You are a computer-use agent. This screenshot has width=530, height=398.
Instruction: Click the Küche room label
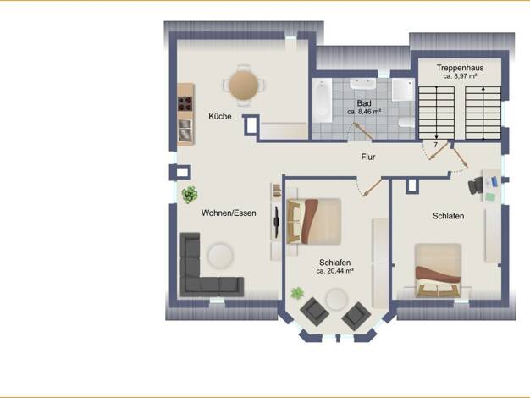[x=220, y=116]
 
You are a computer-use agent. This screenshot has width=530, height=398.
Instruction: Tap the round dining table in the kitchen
[x=244, y=85]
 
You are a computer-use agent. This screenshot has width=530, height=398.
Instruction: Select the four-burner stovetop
[x=185, y=104]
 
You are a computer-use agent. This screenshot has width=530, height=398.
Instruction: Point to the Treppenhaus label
[x=460, y=68]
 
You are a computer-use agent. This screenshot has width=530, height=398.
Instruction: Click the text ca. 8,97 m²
[x=460, y=76]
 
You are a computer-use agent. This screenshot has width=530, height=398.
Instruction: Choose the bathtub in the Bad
[x=322, y=101]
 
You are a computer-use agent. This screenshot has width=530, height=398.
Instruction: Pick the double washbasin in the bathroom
[x=363, y=84]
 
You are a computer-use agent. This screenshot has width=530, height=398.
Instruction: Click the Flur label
[x=368, y=157]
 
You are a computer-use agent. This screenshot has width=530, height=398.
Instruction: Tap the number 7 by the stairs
[x=436, y=145]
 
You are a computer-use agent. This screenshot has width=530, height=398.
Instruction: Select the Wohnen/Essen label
[x=229, y=213]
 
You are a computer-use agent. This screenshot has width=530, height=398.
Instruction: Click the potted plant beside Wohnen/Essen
[x=190, y=195]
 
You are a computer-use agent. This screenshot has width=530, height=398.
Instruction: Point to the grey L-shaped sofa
[x=203, y=270]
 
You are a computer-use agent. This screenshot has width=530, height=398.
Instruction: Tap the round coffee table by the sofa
[x=220, y=256]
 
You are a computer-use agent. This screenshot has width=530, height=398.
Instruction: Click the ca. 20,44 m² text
[x=335, y=271]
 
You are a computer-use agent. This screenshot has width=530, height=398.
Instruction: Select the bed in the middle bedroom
[x=313, y=221]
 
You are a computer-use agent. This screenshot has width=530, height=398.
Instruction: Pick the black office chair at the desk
[x=476, y=185]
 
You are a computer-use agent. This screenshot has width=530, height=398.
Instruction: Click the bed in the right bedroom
[x=438, y=270]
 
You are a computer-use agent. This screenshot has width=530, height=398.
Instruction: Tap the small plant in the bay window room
[x=297, y=293]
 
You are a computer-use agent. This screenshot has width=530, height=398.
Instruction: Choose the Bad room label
[x=364, y=103]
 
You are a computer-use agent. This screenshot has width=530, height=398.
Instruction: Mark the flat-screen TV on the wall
[x=276, y=222]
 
